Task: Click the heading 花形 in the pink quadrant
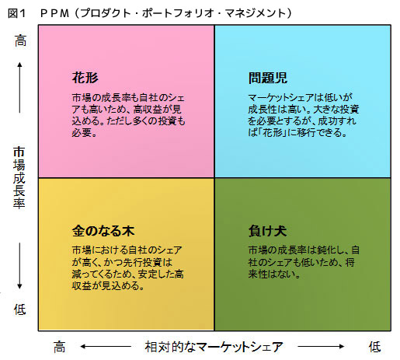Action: [x=85, y=78]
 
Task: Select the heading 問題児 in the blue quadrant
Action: [x=268, y=78]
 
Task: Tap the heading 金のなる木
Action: [x=103, y=231]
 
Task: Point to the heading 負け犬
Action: [x=267, y=231]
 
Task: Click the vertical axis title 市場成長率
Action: [x=19, y=177]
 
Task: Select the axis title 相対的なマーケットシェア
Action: [x=214, y=347]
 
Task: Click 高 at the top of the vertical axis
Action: [x=20, y=40]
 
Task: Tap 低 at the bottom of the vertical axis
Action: [x=20, y=309]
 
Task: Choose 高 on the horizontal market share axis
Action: [x=59, y=347]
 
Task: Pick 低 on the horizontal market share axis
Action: [x=375, y=347]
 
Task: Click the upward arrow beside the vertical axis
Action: [x=19, y=88]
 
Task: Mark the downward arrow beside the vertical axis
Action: [x=19, y=266]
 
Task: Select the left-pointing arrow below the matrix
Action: [x=106, y=346]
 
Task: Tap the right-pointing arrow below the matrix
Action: [x=321, y=346]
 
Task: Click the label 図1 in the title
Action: [x=16, y=13]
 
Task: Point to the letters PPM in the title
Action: [x=55, y=13]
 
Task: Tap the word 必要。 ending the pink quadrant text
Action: [x=84, y=133]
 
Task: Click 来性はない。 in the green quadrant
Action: [x=274, y=274]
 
